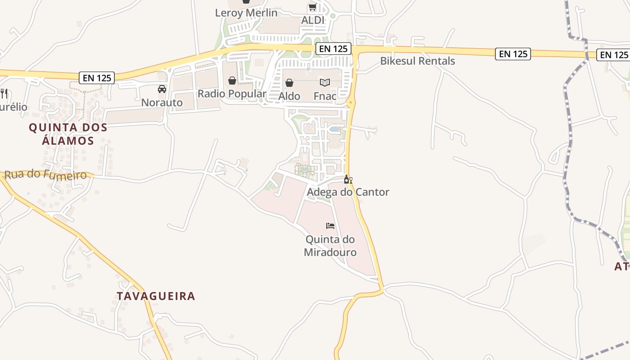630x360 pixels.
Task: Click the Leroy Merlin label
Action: pyautogui.click(x=246, y=13)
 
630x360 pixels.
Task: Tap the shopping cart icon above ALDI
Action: pyautogui.click(x=312, y=7)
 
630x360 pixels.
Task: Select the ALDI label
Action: pyautogui.click(x=312, y=20)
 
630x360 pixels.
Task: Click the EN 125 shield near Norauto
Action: pyautogui.click(x=97, y=77)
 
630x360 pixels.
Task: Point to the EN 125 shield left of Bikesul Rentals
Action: pyautogui.click(x=333, y=49)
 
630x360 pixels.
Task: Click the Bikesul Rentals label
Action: pyautogui.click(x=418, y=61)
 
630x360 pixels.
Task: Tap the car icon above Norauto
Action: pyautogui.click(x=162, y=89)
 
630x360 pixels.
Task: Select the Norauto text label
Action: pyautogui.click(x=162, y=103)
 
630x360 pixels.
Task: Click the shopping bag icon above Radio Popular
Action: pyautogui.click(x=232, y=81)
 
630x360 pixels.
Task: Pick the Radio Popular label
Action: pyautogui.click(x=232, y=94)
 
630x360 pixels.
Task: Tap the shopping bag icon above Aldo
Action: pyautogui.click(x=289, y=83)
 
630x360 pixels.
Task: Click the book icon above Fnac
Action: pyautogui.click(x=325, y=82)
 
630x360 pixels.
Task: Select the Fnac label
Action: pyautogui.click(x=325, y=96)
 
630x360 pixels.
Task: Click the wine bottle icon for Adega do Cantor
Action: pyautogui.click(x=348, y=180)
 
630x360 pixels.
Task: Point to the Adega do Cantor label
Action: pyautogui.click(x=348, y=192)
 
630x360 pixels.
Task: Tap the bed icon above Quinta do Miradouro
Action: pyautogui.click(x=330, y=225)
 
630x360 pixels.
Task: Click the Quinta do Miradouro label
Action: pyautogui.click(x=330, y=246)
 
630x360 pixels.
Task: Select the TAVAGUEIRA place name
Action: pyautogui.click(x=156, y=296)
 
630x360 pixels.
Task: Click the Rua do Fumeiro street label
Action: pyautogui.click(x=45, y=175)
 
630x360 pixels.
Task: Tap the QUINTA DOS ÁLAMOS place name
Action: pyautogui.click(x=68, y=134)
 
